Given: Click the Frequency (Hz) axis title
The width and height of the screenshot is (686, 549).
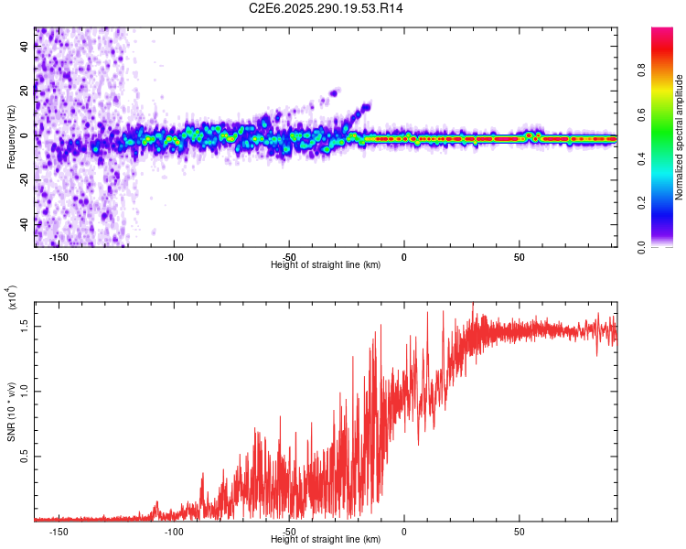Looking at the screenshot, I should pos(11,137).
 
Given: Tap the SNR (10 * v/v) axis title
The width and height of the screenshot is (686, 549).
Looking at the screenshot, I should pos(11,410).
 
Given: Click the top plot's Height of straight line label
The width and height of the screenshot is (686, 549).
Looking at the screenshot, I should pos(326,264).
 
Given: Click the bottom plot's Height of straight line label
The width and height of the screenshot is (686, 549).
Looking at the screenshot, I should pos(326,539).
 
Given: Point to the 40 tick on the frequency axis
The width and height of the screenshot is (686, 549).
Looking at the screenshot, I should pos(24,48).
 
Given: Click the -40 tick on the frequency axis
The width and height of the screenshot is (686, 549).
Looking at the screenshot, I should pos(24,223).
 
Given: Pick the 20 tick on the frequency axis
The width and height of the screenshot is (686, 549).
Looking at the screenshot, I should pos(24,91).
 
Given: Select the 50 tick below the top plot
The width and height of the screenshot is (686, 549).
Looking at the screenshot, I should pos(519,257).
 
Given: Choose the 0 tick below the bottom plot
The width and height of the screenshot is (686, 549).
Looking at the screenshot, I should pos(403,532).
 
